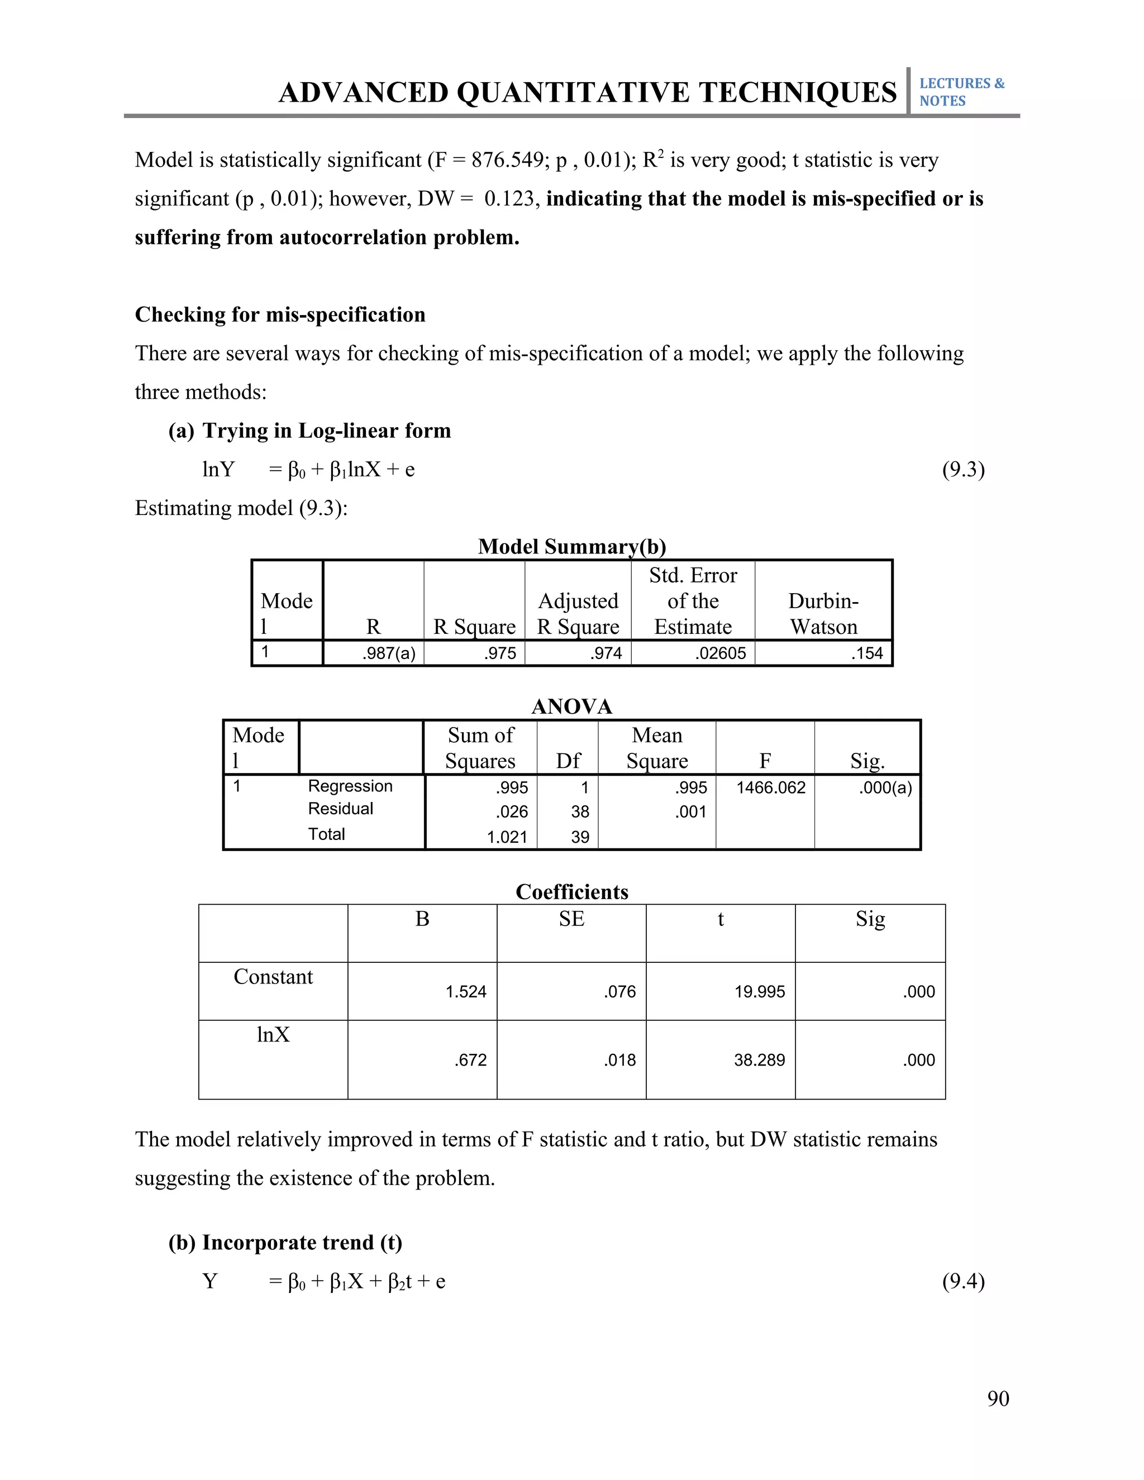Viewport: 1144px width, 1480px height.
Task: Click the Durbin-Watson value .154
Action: [x=867, y=653]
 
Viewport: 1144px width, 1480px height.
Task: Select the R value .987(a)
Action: [x=388, y=653]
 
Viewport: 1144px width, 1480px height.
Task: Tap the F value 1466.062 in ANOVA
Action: [x=770, y=787]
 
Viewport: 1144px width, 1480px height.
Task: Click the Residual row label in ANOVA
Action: [x=340, y=809]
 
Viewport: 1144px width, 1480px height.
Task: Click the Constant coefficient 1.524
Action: [x=466, y=991]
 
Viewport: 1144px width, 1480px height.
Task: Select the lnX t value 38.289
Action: [x=759, y=1060]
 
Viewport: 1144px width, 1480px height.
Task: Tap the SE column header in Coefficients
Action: [x=571, y=919]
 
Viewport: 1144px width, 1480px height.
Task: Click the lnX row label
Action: [x=273, y=1035]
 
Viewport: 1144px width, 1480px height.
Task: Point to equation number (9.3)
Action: [x=963, y=469]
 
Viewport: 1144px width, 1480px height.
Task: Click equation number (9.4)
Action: [x=963, y=1281]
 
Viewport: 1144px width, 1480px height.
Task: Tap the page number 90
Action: [x=998, y=1398]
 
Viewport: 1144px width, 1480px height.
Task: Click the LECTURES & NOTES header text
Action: [x=961, y=92]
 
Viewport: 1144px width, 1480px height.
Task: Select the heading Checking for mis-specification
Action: [x=280, y=314]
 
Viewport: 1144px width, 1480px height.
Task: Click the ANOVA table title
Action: [x=571, y=707]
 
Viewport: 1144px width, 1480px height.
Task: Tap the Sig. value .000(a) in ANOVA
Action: [x=885, y=787]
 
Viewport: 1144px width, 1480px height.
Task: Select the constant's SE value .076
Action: [x=619, y=991]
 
